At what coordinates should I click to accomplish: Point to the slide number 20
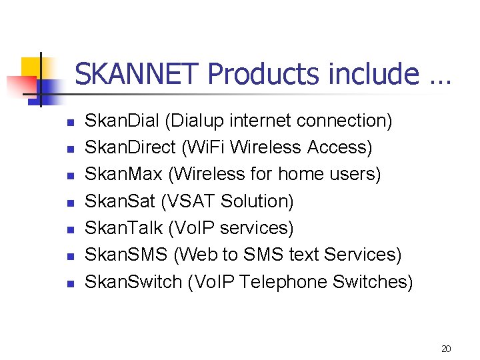[x=446, y=349]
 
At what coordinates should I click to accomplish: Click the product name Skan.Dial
[x=123, y=121]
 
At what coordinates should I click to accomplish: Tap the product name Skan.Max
[x=124, y=174]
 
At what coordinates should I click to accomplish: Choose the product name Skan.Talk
[x=124, y=228]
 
